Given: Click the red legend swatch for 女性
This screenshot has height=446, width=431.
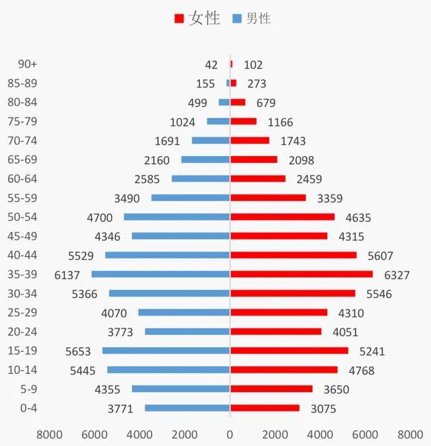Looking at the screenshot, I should click(179, 19).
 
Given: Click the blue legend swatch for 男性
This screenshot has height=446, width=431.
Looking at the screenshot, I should click(236, 19).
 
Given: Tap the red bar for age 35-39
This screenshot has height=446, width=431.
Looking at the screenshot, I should click(301, 274).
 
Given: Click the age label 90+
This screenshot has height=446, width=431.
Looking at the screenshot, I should click(28, 65).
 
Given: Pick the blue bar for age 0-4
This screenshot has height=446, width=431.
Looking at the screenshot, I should click(187, 408).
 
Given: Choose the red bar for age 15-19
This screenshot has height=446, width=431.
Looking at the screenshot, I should click(289, 350).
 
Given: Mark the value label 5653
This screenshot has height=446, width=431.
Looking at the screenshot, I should click(79, 351).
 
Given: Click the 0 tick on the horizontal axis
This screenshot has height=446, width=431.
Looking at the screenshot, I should click(230, 433).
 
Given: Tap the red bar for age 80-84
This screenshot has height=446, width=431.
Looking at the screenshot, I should click(238, 102).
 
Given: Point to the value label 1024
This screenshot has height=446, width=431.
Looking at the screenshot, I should click(183, 122).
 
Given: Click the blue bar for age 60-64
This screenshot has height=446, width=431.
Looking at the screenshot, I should click(201, 179).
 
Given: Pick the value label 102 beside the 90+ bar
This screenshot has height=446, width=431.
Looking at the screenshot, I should click(253, 65).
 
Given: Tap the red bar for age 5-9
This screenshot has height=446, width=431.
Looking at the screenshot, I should click(271, 389).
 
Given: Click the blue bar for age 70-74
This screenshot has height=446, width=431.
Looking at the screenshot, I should click(211, 141).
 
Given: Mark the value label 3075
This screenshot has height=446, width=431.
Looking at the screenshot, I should click(323, 408).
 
